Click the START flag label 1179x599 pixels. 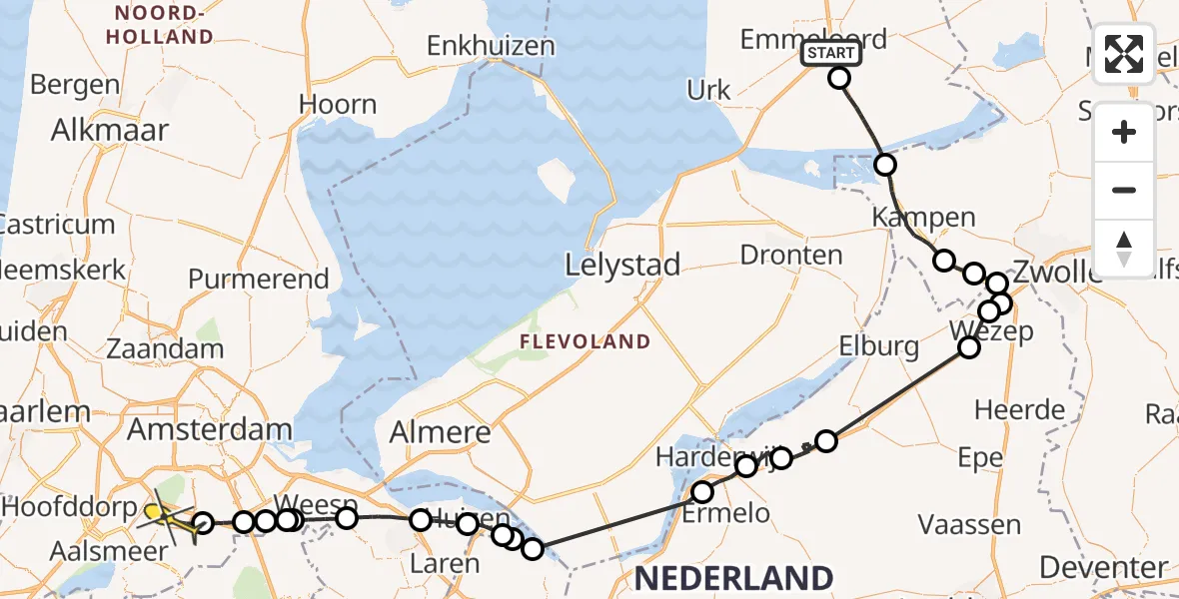coord(830,53)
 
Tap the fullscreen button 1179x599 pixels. coord(1124,54)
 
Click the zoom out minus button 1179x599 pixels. coord(1124,190)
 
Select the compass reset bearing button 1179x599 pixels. coord(1124,248)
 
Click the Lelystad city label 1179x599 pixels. coord(622,266)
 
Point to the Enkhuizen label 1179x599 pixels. coord(491,46)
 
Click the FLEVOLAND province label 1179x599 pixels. coord(585,342)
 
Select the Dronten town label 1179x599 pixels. coord(791,256)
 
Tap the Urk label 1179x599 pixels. coord(708,90)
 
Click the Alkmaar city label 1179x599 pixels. coord(110,130)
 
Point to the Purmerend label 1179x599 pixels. coord(259,279)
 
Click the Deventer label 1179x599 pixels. coord(1103,567)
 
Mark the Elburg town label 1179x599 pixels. coord(879,346)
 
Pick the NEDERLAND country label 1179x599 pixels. coord(733,578)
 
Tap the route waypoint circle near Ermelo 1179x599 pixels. coord(703,491)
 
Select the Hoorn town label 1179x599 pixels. coord(338,105)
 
